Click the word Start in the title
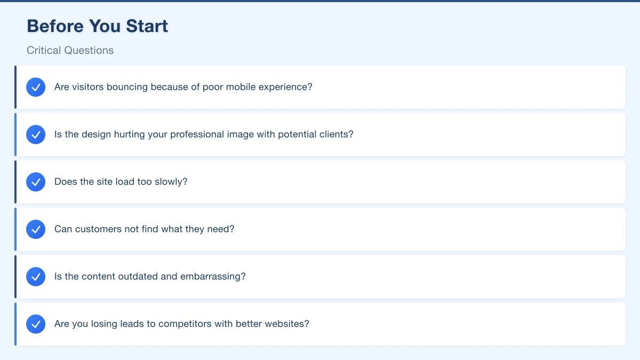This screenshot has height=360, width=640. tap(147, 26)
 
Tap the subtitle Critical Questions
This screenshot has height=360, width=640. tap(70, 50)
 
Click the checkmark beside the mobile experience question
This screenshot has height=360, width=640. tap(36, 87)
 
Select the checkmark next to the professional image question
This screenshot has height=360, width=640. tap(36, 134)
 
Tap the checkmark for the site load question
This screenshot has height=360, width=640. tap(36, 182)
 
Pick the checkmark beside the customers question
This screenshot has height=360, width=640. tap(36, 229)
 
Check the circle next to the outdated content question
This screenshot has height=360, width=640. tap(36, 277)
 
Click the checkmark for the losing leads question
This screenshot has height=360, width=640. tap(36, 324)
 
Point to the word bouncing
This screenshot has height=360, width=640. tap(127, 87)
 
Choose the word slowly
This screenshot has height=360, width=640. tap(171, 182)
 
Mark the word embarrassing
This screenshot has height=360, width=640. tap(213, 277)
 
